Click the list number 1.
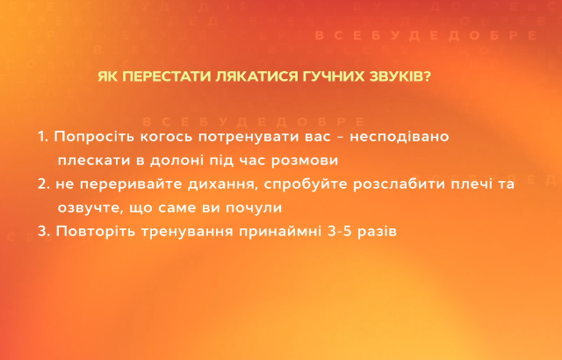(x=42, y=138)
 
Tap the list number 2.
(x=43, y=184)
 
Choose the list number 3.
(x=43, y=232)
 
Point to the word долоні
(x=178, y=162)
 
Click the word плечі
(x=470, y=184)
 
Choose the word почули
(x=254, y=208)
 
